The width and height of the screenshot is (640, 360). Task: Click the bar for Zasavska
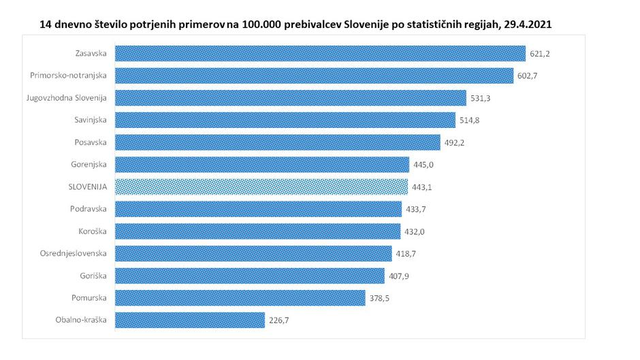tap(320, 53)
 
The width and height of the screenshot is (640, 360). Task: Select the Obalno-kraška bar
tap(190, 320)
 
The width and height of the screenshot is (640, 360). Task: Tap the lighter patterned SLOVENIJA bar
tap(261, 186)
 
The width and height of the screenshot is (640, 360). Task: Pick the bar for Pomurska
tap(240, 297)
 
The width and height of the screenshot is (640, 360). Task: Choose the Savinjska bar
tap(285, 120)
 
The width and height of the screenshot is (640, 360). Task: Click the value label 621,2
tap(539, 53)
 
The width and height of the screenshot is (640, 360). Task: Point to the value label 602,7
tap(527, 76)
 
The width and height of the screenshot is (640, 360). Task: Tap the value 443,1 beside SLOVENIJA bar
tap(422, 186)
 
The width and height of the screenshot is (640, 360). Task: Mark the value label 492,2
tap(454, 142)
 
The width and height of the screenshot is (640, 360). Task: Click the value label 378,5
tap(379, 297)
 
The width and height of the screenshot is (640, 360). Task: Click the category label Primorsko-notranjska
tap(69, 76)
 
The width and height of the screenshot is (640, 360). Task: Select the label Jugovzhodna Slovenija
tap(67, 98)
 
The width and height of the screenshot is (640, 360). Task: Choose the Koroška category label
tap(94, 231)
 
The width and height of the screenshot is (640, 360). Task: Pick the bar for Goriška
tap(249, 276)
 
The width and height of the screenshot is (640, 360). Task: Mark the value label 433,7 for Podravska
tap(415, 209)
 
